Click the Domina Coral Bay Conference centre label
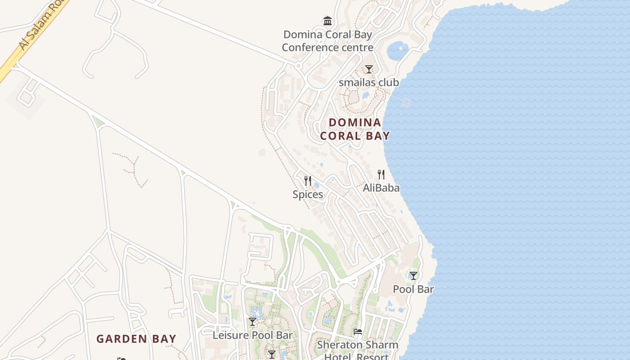327,41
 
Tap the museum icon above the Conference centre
328,21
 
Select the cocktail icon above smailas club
369,69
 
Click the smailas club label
369,82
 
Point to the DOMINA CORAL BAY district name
355,129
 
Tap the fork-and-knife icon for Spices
308,181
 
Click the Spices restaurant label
308,194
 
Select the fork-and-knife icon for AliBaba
381,175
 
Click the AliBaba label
381,188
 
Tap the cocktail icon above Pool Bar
414,276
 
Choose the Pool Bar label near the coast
414,289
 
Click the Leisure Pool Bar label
252,335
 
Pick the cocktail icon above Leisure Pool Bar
252,322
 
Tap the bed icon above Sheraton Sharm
358,332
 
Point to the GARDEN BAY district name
136,339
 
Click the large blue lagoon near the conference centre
398,50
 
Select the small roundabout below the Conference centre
298,66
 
